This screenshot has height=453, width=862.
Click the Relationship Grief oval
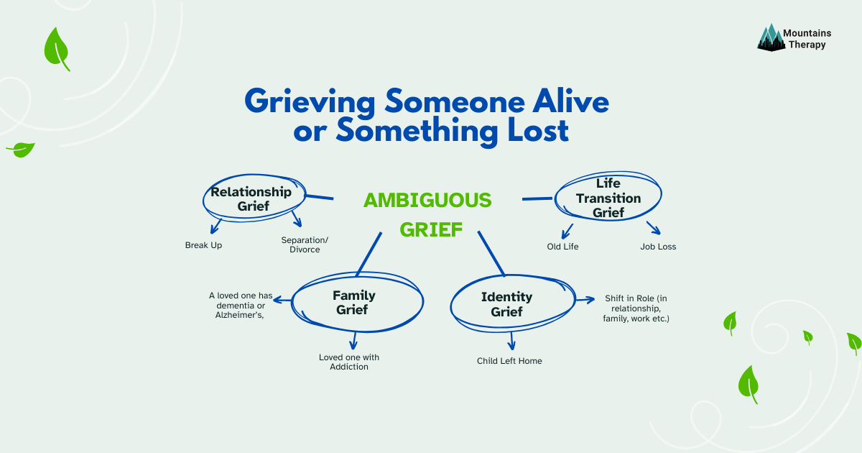tap(251, 199)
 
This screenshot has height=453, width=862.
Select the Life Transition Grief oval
tap(608, 198)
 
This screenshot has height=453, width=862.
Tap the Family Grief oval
tap(353, 303)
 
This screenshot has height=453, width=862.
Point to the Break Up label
tap(203, 245)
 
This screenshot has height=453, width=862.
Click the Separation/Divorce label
tap(300, 244)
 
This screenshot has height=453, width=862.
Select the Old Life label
tap(562, 247)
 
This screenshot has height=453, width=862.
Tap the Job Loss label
tap(658, 247)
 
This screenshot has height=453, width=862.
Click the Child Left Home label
tap(509, 361)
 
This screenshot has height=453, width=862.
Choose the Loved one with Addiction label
tap(349, 362)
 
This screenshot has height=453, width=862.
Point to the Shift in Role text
tap(636, 308)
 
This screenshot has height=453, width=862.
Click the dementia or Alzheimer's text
tap(241, 305)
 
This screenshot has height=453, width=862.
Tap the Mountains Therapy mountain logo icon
tap(769, 37)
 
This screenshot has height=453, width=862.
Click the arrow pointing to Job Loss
tap(653, 228)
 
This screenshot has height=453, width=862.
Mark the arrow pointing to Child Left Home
tap(512, 340)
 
